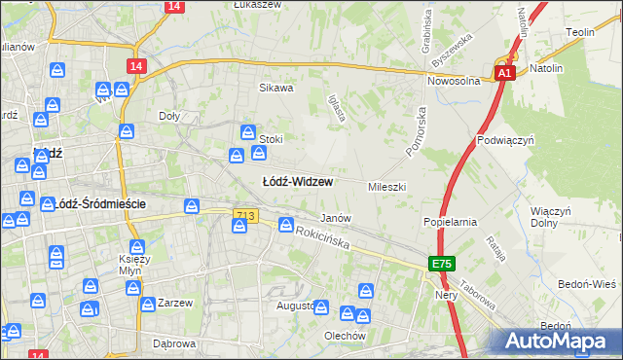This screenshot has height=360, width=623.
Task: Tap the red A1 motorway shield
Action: pyautogui.click(x=503, y=73)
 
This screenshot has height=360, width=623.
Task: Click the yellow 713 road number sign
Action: pyautogui.click(x=245, y=215)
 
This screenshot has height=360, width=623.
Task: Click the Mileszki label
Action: pyautogui.click(x=386, y=186)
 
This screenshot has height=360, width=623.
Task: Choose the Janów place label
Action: pyautogui.click(x=336, y=219)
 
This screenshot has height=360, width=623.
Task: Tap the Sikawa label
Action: pyautogui.click(x=275, y=88)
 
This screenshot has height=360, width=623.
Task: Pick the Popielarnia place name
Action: pyautogui.click(x=450, y=222)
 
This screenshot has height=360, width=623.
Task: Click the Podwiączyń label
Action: pyautogui.click(x=503, y=140)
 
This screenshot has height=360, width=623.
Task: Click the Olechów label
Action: pyautogui.click(x=345, y=336)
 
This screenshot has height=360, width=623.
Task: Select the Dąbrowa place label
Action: pyautogui.click(x=174, y=343)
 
